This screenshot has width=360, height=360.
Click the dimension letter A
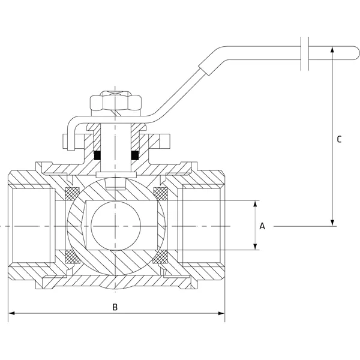coord(262,226)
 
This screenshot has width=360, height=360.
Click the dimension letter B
coord(116,307)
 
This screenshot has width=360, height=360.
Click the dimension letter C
coord(339,139)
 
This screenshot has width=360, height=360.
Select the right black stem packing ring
coord(136,155)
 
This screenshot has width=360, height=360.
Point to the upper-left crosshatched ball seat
coord(72,194)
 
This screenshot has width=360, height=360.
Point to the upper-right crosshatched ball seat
coord(160,194)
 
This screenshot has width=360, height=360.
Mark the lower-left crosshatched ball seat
coord(72,257)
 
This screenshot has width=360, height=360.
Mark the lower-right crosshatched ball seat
coord(160,257)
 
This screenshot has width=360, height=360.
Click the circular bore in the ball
coord(116,226)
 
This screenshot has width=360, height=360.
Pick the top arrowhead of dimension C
coord(332,51)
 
